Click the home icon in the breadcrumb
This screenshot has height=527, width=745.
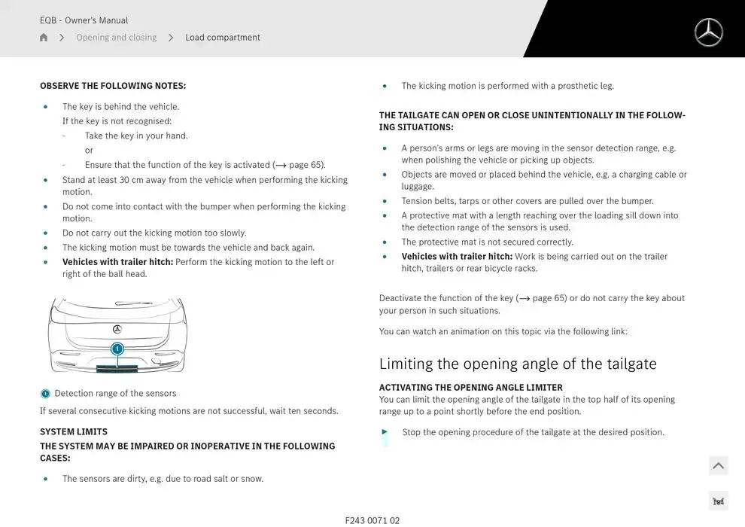coord(44,38)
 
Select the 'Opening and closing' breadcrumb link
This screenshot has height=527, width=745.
coord(116,38)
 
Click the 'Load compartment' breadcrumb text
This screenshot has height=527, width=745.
coord(223,38)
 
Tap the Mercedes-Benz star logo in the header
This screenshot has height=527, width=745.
coord(708,32)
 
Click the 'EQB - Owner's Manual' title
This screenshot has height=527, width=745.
coord(84,20)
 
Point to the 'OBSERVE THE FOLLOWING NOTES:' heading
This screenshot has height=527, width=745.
coord(113,86)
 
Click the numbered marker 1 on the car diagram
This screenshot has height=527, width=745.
coord(117,349)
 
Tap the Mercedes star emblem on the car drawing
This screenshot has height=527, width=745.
coord(117,329)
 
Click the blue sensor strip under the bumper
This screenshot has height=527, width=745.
coord(117,368)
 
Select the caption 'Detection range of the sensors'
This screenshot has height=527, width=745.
coord(115,393)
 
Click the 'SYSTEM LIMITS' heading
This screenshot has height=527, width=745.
coord(74,431)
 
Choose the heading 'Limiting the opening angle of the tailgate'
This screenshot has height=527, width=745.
coord(518,364)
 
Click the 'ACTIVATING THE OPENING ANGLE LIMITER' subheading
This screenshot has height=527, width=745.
coord(470,388)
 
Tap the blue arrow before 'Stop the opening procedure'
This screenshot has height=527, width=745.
coord(385,432)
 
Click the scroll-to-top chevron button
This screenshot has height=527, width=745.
coord(718,466)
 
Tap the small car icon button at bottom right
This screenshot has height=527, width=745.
coord(718,501)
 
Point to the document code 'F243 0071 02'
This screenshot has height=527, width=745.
coord(372,520)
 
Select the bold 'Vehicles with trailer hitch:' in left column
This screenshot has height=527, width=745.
coord(117,262)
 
